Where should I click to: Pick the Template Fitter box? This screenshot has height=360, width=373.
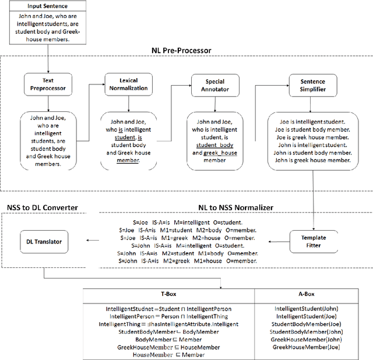pyautogui.click(x=314, y=242)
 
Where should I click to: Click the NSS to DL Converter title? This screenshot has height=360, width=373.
pyautogui.click(x=42, y=207)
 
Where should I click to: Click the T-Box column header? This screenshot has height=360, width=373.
pyautogui.click(x=168, y=295)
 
